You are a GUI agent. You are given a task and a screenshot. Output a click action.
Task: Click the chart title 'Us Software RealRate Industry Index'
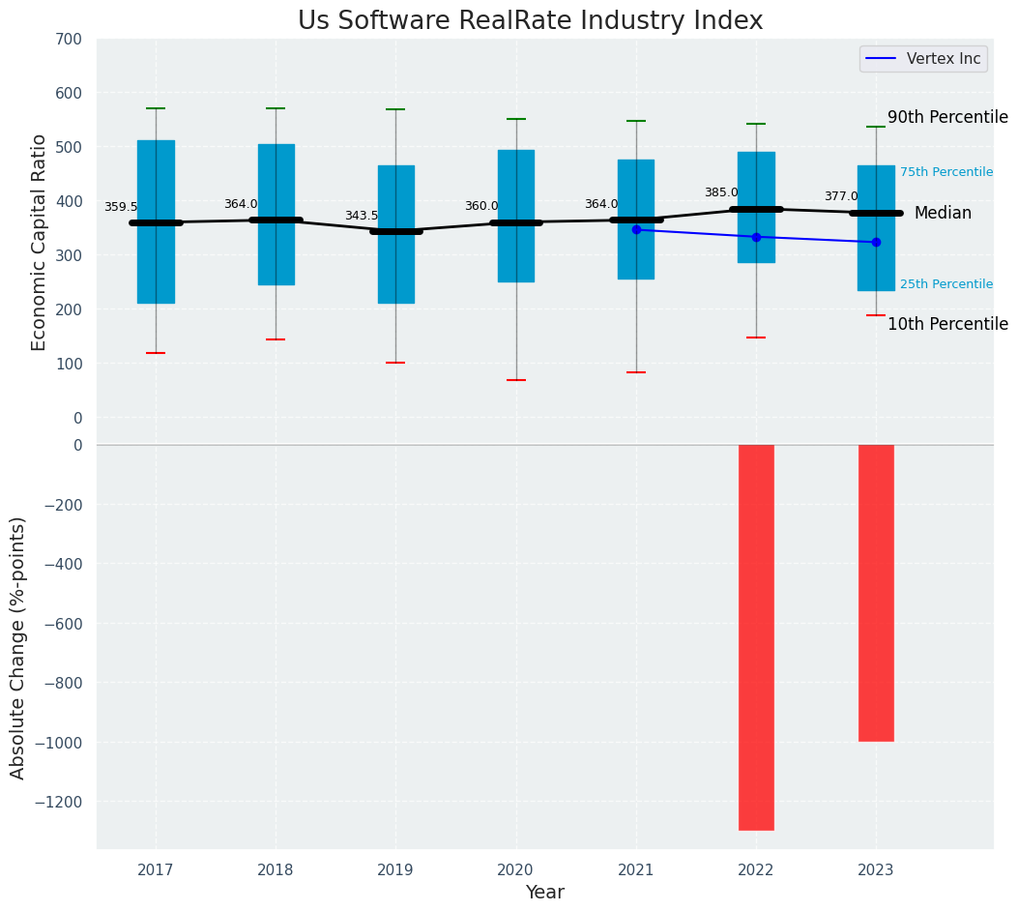[530, 21]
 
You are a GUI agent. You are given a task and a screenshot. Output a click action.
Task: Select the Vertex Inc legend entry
[922, 59]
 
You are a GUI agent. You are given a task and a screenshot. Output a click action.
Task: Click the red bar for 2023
[876, 592]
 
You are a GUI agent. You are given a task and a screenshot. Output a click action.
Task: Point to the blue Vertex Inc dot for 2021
[636, 229]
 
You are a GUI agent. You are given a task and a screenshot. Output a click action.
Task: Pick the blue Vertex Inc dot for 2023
[876, 242]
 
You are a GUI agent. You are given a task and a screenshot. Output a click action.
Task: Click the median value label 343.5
[362, 216]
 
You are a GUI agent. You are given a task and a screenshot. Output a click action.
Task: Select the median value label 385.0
[721, 192]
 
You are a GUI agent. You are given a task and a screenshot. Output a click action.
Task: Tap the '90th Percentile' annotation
[947, 117]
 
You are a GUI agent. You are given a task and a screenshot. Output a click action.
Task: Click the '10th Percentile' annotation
[947, 324]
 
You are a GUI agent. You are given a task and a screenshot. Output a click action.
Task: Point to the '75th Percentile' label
[946, 172]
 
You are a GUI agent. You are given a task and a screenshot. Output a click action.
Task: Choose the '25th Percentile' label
[946, 284]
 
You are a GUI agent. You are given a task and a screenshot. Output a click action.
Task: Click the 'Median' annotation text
[943, 213]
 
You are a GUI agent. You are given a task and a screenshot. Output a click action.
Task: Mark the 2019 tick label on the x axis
[395, 870]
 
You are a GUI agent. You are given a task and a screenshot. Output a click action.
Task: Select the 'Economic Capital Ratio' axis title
[40, 228]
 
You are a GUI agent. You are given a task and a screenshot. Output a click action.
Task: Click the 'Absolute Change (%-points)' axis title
[18, 647]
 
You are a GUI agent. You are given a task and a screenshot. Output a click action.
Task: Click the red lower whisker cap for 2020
[516, 380]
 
